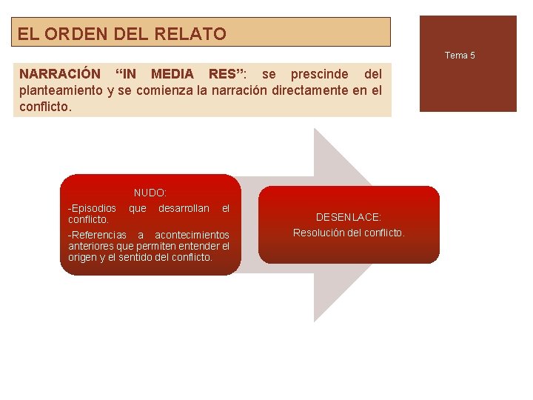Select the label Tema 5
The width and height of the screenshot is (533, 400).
point(460,56)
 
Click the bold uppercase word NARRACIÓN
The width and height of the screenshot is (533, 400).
point(59,74)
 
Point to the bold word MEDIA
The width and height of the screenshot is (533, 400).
point(172,74)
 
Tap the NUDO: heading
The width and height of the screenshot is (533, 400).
point(150,193)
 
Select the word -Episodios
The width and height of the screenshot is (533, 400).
point(92,208)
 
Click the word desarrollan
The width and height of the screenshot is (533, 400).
point(184,208)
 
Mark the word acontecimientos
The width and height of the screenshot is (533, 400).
point(192,235)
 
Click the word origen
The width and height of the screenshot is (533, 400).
point(82,257)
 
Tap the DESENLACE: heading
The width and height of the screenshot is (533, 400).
point(349,217)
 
